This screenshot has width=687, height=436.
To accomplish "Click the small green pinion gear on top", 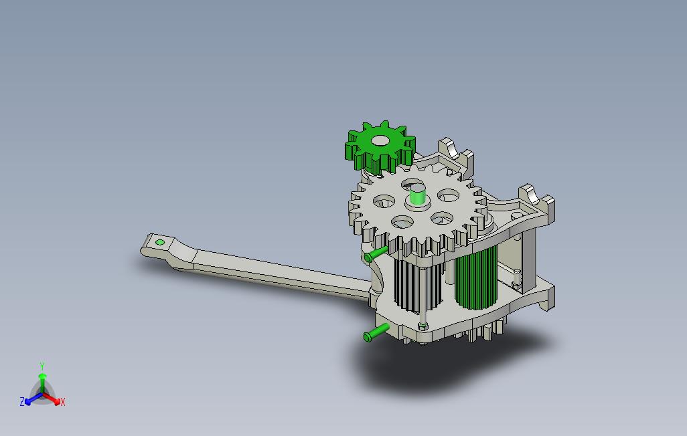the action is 380,146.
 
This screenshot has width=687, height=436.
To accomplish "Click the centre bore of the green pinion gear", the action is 380,140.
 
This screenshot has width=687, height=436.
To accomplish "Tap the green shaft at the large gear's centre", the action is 418,195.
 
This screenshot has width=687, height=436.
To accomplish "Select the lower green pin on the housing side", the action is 376,333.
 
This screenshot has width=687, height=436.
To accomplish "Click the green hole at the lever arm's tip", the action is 160,242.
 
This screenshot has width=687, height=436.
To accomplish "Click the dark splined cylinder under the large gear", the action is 416,285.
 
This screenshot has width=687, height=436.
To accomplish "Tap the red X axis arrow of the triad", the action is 52,399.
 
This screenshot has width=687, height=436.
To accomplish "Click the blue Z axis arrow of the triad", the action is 33,399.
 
